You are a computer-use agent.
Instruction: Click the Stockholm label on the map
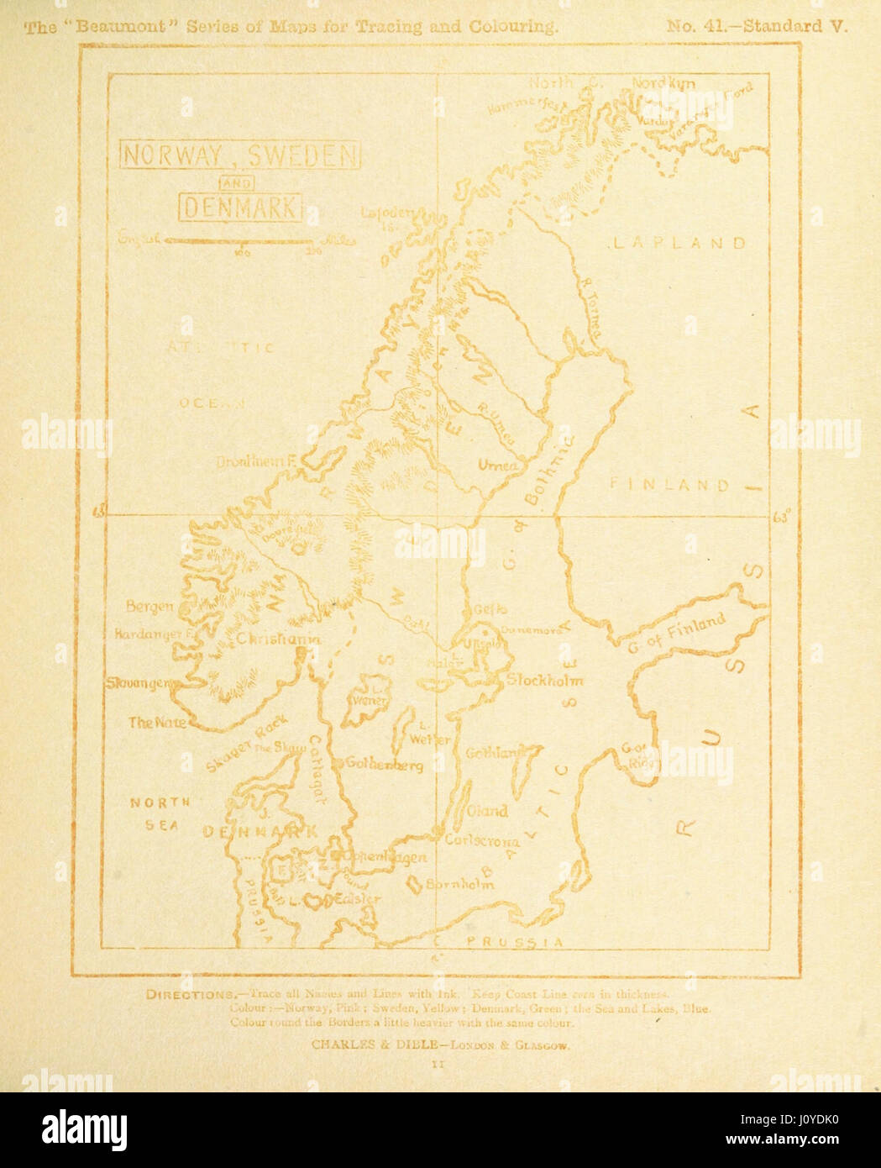[544, 680]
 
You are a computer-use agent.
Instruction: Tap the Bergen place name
[149, 606]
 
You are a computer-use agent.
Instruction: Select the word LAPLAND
[678, 244]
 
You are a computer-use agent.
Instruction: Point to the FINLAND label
[669, 485]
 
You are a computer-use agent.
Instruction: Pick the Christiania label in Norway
[278, 639]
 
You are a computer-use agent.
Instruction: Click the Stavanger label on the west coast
[139, 683]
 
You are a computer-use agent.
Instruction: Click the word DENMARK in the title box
[240, 208]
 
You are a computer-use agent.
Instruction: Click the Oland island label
[488, 811]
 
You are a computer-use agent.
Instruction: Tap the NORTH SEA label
[160, 813]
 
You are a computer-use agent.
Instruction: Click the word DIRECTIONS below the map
[186, 995]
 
